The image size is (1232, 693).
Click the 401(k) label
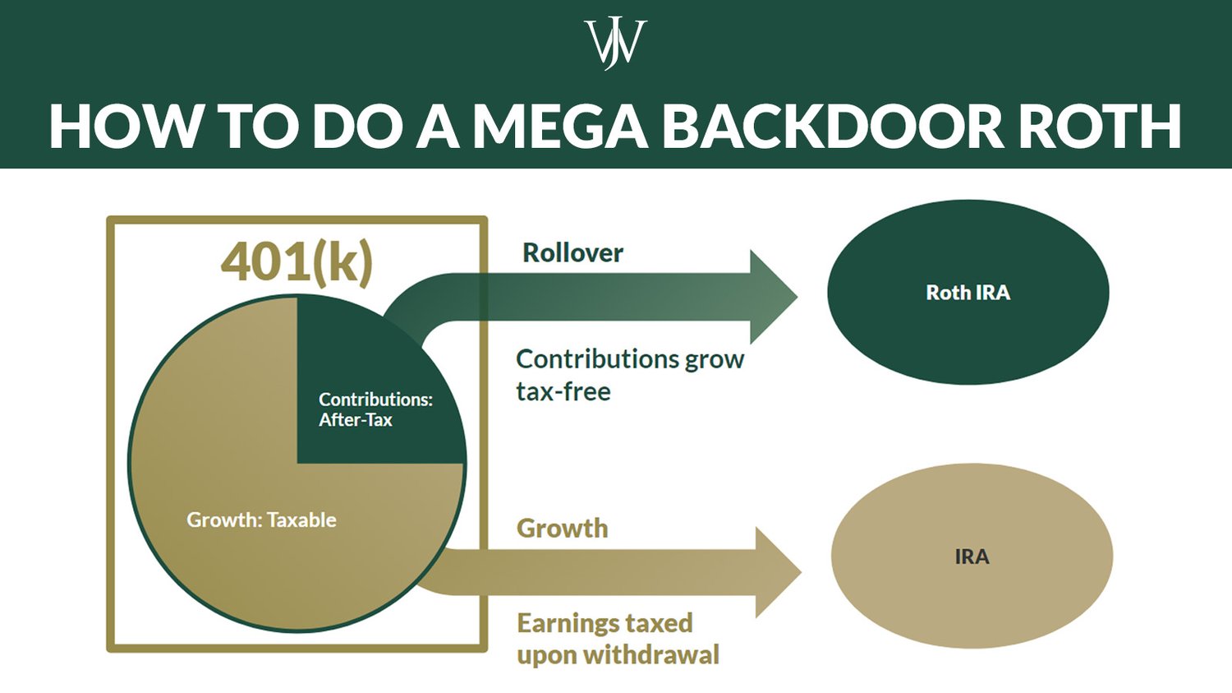pos(297,261)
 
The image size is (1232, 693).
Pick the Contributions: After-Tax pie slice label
pos(375,409)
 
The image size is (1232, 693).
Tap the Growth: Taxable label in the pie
pos(261,520)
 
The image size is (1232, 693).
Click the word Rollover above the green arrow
pos(572,253)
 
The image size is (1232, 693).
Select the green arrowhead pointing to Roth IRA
pos(772,297)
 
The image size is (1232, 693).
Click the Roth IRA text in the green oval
pos(968,293)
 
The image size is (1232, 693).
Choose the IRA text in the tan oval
pos(972,557)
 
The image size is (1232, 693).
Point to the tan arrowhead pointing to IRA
pos(777,572)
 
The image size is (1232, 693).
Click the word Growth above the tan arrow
pos(562,528)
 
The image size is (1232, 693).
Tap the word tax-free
pos(563,392)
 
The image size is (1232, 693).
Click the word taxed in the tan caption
pos(657,623)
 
